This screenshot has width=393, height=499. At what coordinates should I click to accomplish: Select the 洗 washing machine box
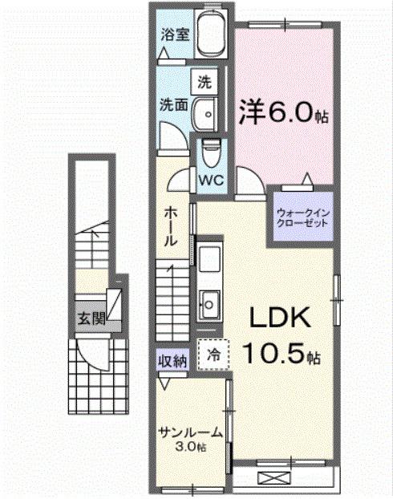point(205,81)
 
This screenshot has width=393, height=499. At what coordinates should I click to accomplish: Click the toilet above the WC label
point(211,148)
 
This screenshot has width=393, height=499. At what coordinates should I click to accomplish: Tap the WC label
point(212,180)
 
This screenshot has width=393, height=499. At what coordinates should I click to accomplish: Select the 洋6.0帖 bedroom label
point(282,112)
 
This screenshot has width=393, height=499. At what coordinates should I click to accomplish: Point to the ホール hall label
point(172,226)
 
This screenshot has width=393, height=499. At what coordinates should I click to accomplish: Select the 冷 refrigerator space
point(213,354)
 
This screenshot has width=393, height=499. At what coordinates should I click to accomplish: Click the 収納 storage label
point(172,362)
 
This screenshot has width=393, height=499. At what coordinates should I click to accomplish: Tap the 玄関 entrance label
point(91,317)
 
